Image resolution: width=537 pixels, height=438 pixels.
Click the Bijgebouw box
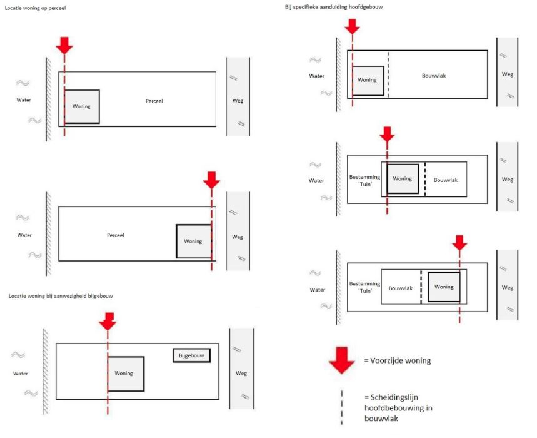pyautogui.click(x=191, y=355)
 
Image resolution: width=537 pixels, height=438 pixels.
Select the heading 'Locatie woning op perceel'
pyautogui.click(x=35, y=8)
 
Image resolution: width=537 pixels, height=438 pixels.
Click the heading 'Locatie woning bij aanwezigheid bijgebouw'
pyautogui.click(x=61, y=296)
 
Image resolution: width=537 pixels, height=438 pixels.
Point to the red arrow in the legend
pyautogui.click(x=341, y=360)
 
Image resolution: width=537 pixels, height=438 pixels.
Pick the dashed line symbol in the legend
pyautogui.click(x=341, y=407)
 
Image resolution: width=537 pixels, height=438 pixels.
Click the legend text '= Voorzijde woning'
pyautogui.click(x=397, y=360)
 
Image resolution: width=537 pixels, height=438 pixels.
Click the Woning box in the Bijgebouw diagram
pyautogui.click(x=126, y=374)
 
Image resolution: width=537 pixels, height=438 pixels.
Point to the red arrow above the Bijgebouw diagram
pyautogui.click(x=108, y=322)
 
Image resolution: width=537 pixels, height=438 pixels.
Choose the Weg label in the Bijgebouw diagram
pyautogui.click(x=241, y=373)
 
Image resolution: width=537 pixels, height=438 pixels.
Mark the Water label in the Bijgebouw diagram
pyautogui.click(x=21, y=374)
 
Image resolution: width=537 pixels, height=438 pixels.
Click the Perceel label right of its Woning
pyautogui.click(x=154, y=101)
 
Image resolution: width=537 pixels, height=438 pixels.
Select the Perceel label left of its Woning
pyautogui.click(x=116, y=235)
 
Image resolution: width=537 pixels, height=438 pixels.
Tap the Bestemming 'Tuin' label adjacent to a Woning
pyautogui.click(x=364, y=180)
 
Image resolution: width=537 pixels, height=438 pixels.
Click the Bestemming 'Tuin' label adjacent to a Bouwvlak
pyautogui.click(x=364, y=287)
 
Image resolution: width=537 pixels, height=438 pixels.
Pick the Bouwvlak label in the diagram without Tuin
pyautogui.click(x=434, y=76)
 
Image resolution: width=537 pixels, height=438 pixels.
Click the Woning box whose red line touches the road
pyautogui.click(x=194, y=241)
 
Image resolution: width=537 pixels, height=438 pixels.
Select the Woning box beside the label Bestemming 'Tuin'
pyautogui.click(x=403, y=178)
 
